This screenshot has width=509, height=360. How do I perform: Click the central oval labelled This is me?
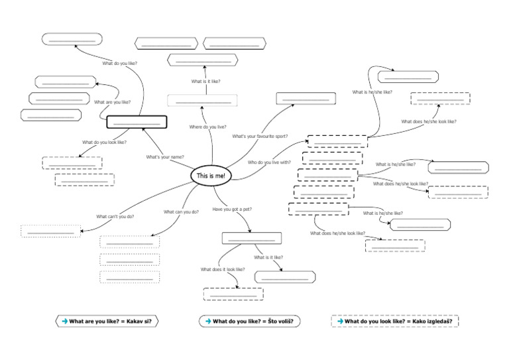click(x=212, y=176)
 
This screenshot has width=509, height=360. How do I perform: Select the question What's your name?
click(x=164, y=157)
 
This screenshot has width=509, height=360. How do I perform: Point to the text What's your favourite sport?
click(x=260, y=136)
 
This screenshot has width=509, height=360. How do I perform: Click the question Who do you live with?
click(x=269, y=162)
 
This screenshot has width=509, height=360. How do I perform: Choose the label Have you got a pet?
click(x=231, y=210)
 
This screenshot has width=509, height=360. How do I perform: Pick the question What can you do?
click(x=181, y=212)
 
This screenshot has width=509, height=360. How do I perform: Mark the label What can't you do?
click(x=115, y=217)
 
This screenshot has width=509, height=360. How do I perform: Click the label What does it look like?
click(x=223, y=269)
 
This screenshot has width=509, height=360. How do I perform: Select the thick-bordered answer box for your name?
click(x=137, y=122)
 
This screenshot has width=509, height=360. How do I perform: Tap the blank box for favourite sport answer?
click(x=305, y=98)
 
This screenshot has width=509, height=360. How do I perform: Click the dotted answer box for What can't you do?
click(x=50, y=231)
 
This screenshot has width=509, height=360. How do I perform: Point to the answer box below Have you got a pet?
click(x=252, y=238)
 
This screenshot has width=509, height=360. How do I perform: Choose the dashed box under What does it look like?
click(x=233, y=294)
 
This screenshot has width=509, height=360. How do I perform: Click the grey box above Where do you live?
click(x=201, y=101)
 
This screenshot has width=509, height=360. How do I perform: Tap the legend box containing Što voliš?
click(x=249, y=322)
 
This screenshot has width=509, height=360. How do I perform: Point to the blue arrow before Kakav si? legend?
click(x=64, y=322)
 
